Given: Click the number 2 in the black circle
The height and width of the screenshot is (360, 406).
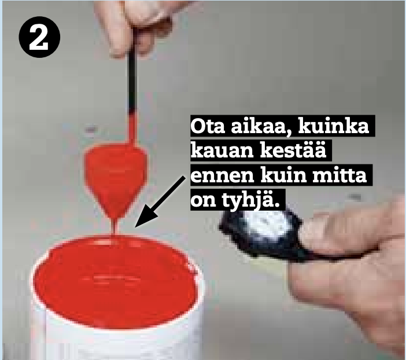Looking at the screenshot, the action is (x=39, y=38).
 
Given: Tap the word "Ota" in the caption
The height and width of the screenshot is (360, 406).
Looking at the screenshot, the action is (x=208, y=126).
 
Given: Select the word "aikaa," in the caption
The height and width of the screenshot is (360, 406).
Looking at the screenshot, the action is (x=261, y=127).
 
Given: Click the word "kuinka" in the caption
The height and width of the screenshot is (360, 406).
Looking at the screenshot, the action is (x=334, y=126).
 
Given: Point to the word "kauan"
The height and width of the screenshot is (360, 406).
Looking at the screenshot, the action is (x=222, y=150).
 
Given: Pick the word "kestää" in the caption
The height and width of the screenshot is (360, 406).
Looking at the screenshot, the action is (x=293, y=150).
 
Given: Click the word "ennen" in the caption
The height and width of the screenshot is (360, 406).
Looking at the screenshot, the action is (x=222, y=176).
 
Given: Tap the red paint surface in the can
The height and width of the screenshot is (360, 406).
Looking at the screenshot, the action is (x=115, y=282).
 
